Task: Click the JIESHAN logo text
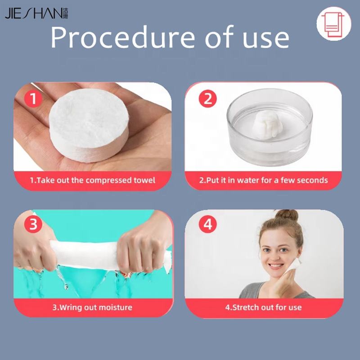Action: tap(36, 13)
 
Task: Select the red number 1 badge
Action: tap(33, 99)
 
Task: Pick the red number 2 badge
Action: tap(207, 99)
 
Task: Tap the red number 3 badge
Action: tap(33, 224)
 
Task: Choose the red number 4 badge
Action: tap(207, 224)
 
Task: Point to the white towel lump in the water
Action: tap(269, 124)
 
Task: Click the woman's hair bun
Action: tap(287, 216)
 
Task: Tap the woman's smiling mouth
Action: tap(275, 266)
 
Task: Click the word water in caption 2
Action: tap(249, 180)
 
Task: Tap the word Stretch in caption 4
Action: tap(246, 307)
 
